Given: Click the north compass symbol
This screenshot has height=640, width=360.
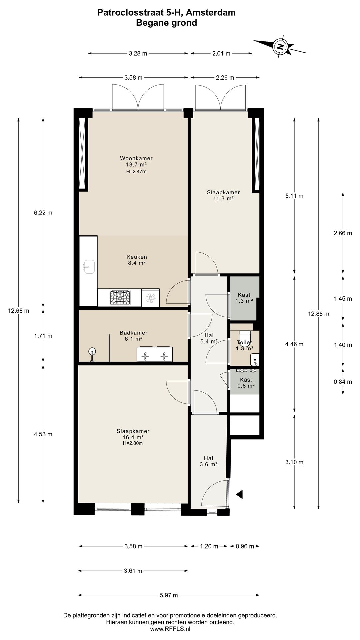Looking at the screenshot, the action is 280,46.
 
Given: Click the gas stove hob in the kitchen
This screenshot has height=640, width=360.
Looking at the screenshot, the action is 121,297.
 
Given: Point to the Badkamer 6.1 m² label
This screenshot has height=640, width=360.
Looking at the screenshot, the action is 133,336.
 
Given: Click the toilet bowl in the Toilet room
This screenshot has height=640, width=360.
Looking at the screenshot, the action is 245,335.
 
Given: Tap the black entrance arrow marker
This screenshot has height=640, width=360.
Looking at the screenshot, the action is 239,495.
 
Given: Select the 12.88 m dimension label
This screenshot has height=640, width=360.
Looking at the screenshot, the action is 319,314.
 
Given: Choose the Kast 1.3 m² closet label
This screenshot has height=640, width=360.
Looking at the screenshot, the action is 244,298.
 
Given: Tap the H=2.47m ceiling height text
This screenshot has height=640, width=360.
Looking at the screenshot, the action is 136,172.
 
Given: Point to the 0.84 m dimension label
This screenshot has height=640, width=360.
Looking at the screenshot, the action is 343,382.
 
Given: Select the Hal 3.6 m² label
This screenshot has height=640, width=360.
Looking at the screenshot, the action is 209,461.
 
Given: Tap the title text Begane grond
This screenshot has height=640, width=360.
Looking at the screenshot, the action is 166,23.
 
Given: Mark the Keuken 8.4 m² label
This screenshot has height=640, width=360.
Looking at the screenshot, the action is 137,260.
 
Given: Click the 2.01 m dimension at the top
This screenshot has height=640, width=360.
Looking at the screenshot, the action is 221,53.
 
